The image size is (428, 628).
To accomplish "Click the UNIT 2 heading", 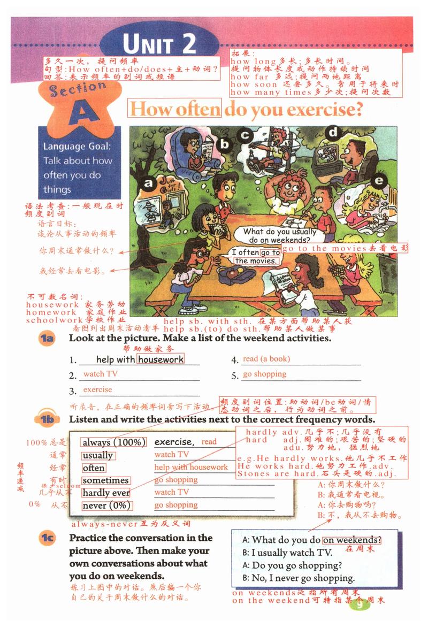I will click(x=159, y=44).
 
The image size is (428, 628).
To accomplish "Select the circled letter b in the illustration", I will click(x=225, y=144).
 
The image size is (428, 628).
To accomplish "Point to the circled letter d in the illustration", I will click(x=333, y=132).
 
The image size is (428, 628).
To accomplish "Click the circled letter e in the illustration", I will click(x=379, y=181).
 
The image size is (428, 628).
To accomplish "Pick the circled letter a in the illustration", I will click(x=148, y=185).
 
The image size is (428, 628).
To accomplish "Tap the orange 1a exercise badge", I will click(x=48, y=339).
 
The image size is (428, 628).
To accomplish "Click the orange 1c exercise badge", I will click(x=48, y=539).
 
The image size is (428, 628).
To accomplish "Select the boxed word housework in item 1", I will click(x=160, y=359).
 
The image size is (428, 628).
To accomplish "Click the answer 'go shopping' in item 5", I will click(x=264, y=374).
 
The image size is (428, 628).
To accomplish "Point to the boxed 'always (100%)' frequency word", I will click(x=113, y=442).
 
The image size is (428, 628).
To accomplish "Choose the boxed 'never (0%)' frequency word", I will click(x=106, y=506).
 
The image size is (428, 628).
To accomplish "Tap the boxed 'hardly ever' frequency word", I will click(x=106, y=493).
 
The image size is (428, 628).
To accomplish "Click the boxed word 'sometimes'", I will click(x=105, y=480).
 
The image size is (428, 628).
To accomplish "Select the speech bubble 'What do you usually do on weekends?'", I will click(x=279, y=236).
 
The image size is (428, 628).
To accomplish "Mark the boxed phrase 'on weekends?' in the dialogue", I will click(x=352, y=540).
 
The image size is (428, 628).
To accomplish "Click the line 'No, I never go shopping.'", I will click(x=299, y=578).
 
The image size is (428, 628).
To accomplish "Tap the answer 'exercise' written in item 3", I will click(x=97, y=390).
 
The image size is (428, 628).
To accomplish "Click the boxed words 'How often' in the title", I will click(x=175, y=109).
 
